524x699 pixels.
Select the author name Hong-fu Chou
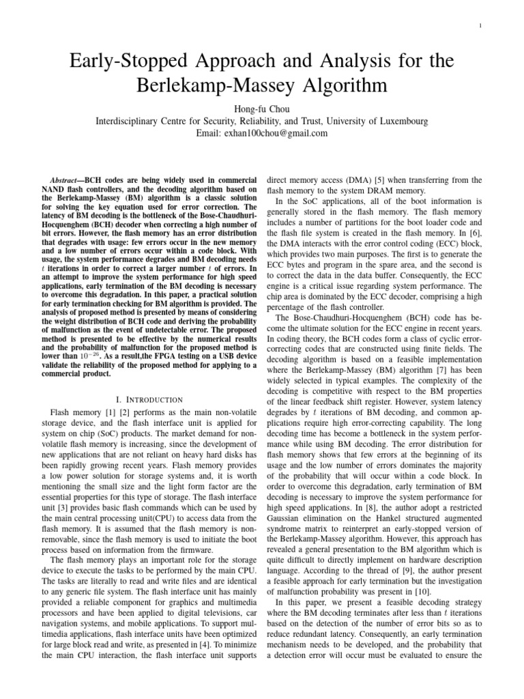click(262, 109)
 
